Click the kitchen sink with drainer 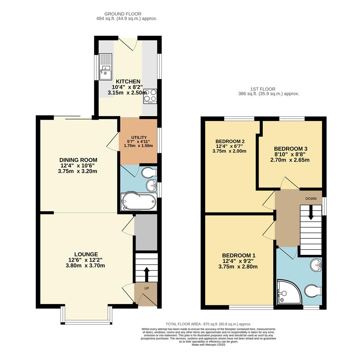tap(106, 67)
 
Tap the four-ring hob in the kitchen tap(150, 96)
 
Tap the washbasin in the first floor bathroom tap(316, 265)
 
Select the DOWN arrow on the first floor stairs tap(311, 212)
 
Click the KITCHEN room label tap(128, 82)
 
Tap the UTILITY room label tap(139, 137)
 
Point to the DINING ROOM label tap(78, 160)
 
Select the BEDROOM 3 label tap(290, 149)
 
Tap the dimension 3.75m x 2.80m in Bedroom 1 tap(238, 267)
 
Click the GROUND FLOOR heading tap(123, 14)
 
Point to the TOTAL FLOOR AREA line tap(208, 324)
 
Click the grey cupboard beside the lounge tap(146, 232)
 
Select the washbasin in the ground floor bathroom tap(151, 185)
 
